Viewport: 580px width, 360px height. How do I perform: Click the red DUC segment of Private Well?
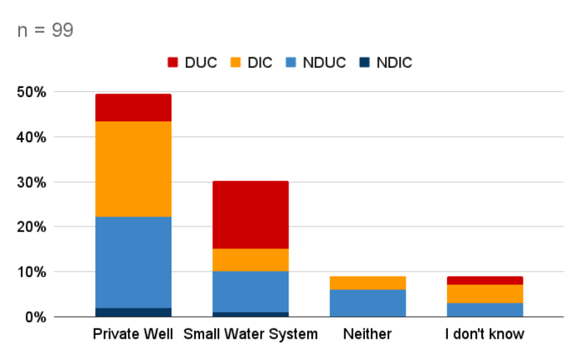134,108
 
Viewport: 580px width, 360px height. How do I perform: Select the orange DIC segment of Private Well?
134,169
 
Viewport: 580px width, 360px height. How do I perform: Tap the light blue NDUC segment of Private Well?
134,262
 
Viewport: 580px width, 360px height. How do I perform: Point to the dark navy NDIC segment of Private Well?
134,312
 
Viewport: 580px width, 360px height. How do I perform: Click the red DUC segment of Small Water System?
251,215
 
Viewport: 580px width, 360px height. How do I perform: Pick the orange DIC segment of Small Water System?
251,260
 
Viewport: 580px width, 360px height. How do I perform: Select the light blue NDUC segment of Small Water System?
251,291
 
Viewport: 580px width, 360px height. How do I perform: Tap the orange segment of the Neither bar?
367,283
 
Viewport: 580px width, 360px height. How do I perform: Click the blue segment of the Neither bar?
367,303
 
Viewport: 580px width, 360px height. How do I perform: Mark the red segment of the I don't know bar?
485,280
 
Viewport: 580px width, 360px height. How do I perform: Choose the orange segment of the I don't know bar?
485,294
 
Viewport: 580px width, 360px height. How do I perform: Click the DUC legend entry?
191,62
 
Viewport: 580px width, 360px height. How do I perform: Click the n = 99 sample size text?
44,31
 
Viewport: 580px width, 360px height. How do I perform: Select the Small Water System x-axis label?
251,334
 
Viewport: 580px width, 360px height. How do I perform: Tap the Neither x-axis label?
367,334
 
